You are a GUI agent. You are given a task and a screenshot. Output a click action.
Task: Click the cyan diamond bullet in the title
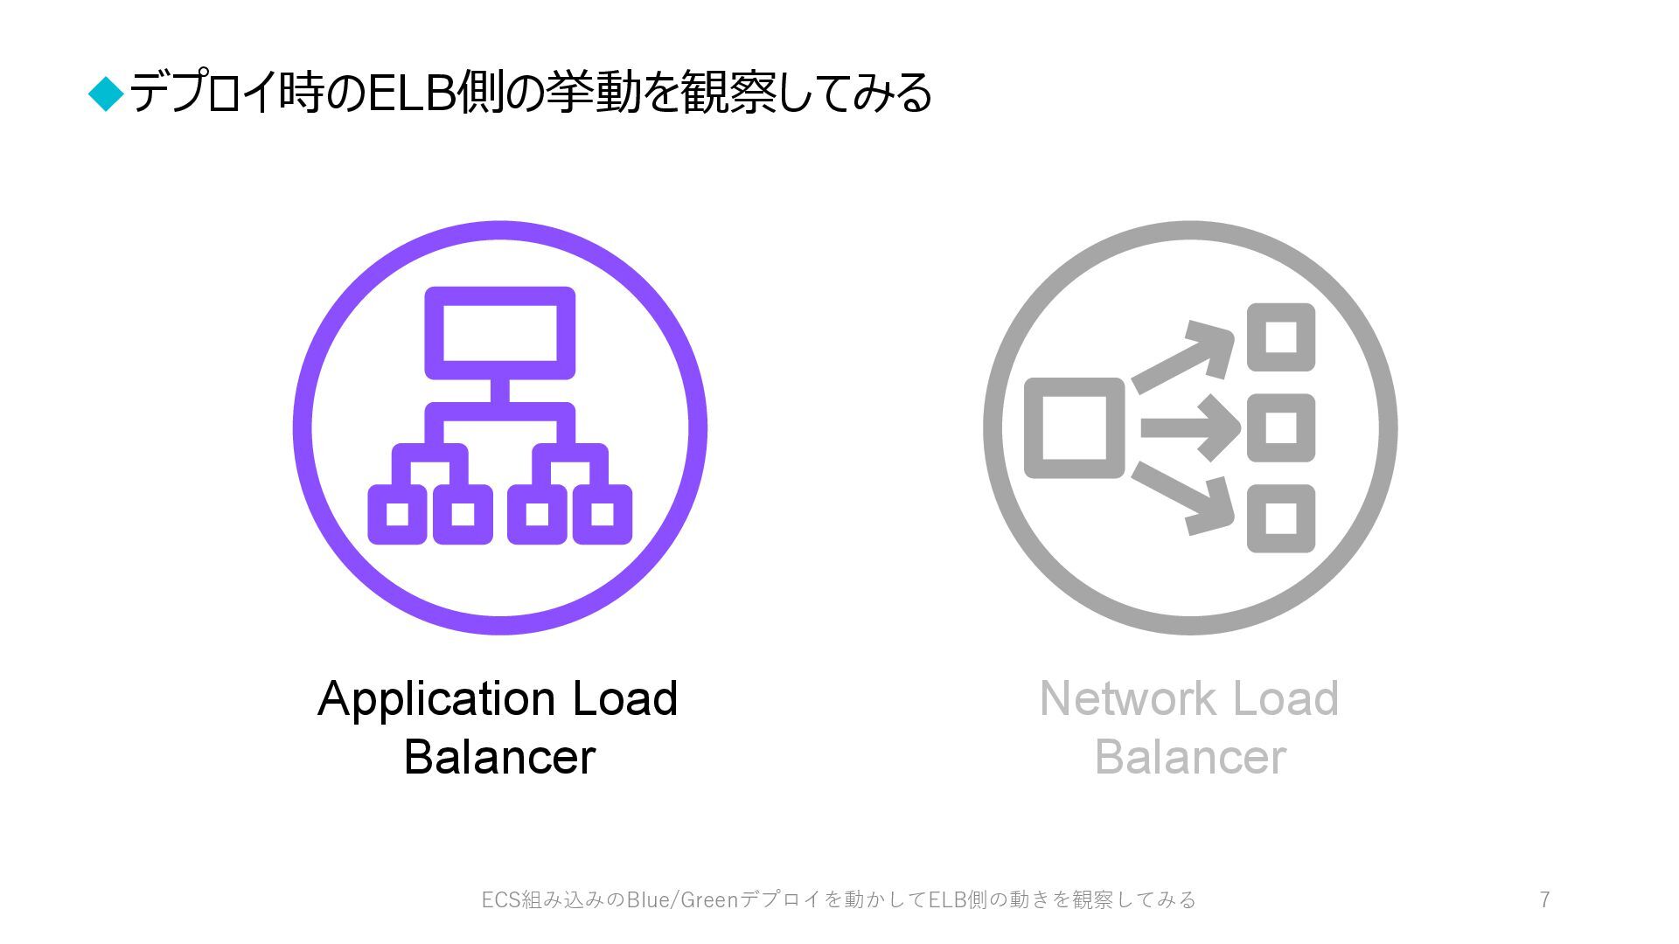107,94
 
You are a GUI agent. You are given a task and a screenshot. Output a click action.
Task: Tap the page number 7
1544,899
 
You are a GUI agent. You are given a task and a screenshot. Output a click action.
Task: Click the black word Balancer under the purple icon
499,757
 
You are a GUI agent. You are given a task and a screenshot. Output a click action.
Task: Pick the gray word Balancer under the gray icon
1190,757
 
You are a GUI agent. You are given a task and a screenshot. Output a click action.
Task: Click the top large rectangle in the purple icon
499,333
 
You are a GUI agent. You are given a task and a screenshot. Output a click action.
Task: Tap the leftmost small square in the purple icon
397,514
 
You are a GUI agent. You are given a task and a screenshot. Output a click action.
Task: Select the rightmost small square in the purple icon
603,514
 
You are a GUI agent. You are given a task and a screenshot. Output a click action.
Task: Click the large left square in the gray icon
1074,428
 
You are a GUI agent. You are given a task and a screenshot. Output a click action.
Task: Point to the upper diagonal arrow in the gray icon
1181,358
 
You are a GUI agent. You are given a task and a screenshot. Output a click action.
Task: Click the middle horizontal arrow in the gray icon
1189,428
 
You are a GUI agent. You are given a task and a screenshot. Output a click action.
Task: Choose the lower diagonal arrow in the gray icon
1181,499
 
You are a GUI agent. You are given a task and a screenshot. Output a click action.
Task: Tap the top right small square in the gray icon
1281,337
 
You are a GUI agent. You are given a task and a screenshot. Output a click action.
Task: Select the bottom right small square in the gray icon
1281,518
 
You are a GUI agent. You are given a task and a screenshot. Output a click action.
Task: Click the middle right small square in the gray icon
1281,428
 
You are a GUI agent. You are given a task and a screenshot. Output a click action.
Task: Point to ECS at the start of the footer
501,899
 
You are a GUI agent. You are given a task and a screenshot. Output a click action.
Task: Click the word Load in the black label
624,698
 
